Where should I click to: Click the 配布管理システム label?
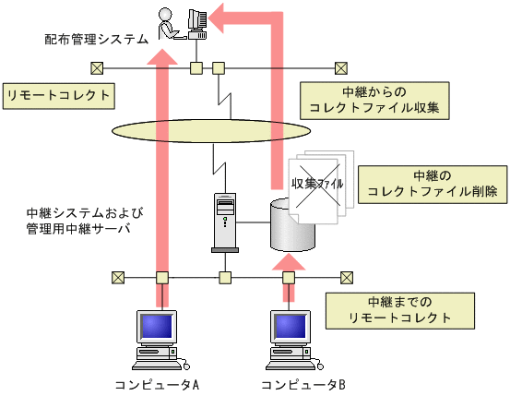(x=96, y=39)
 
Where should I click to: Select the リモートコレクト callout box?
(x=59, y=95)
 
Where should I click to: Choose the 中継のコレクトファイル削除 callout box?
(x=432, y=184)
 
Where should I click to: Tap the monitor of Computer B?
(x=291, y=327)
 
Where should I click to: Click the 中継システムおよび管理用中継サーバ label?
(x=79, y=222)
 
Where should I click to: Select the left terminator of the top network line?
(x=97, y=67)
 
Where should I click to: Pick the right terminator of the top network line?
(x=340, y=67)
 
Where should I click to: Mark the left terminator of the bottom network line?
(x=118, y=276)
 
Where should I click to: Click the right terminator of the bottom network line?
(x=347, y=276)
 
